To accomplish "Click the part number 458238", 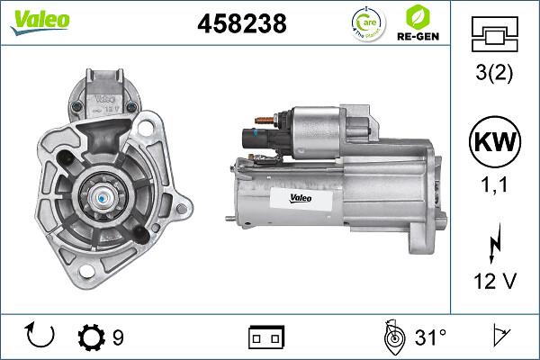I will [x=241, y=24].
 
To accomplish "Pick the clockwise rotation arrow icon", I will [x=41, y=337].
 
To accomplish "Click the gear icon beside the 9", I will [x=91, y=337].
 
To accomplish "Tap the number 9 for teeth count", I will [x=118, y=337].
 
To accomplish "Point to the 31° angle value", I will [x=431, y=337].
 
